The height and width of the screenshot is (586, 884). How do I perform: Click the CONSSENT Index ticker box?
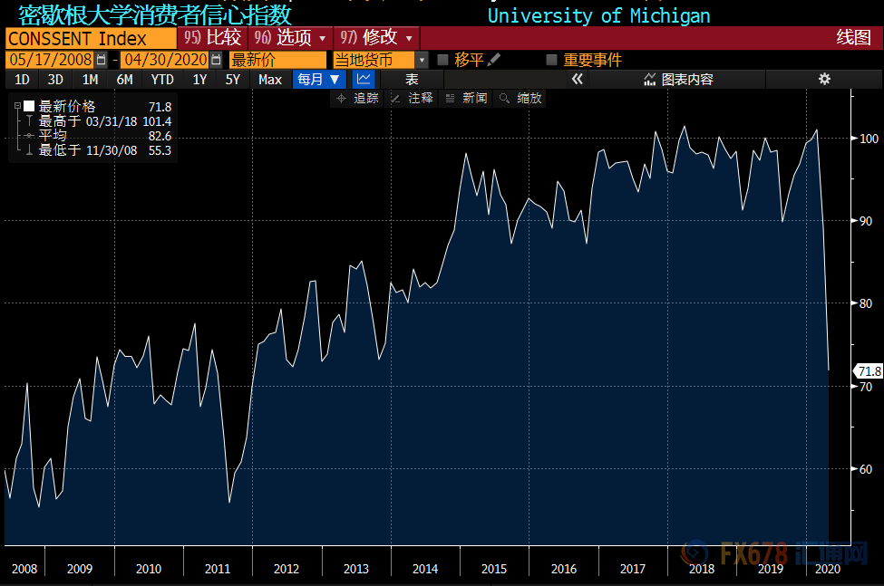pos(90,38)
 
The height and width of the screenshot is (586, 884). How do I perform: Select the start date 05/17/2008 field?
pos(50,60)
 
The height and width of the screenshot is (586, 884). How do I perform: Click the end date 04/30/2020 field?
pos(164,60)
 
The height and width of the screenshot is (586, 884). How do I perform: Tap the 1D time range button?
pos(22,80)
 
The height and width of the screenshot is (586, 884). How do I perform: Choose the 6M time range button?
pos(124,80)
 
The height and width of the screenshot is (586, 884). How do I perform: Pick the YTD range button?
pos(162,80)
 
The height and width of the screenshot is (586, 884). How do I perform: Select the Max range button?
pos(270,80)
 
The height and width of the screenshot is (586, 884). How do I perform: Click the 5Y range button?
pos(233,80)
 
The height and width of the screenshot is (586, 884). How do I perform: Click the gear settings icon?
pos(824,79)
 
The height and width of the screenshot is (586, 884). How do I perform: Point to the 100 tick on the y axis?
pos(869,139)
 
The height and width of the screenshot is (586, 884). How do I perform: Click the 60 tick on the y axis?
pos(869,469)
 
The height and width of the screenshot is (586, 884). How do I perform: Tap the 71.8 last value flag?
pos(869,371)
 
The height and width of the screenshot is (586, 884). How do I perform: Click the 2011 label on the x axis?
pos(218,569)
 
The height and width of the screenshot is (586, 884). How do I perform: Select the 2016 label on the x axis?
pos(563,569)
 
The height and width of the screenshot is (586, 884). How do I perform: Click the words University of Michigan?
pos(598,15)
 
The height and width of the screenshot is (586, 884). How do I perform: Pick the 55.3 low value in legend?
pos(160,150)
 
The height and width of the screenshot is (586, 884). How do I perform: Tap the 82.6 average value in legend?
pos(160,136)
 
